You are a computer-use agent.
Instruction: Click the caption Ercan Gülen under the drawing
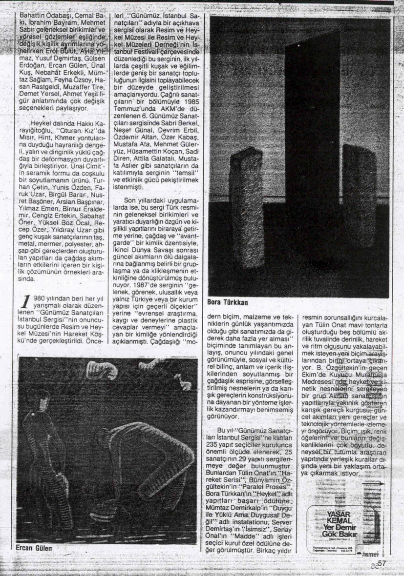31,547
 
